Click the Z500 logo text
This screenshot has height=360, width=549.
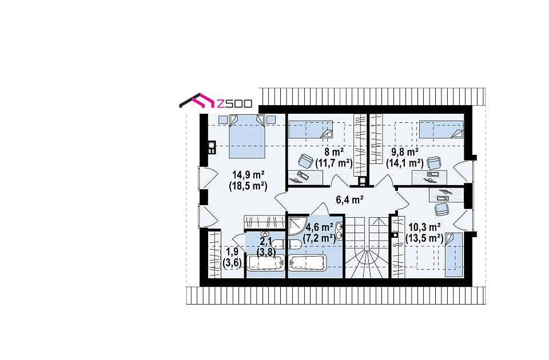(234, 103)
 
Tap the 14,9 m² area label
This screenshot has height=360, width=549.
(248, 175)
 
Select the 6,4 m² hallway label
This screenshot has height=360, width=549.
(349, 200)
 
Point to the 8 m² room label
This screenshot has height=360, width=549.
(334, 152)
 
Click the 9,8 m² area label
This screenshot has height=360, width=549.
(405, 152)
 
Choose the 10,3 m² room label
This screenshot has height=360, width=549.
(424, 227)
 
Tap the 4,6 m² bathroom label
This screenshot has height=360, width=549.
(319, 227)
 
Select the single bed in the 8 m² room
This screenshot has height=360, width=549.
(310, 130)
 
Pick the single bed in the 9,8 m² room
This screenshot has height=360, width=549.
(441, 130)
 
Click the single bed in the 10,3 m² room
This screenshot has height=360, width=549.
(453, 254)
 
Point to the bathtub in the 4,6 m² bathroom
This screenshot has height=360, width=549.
(307, 263)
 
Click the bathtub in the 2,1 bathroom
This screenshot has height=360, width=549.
(265, 263)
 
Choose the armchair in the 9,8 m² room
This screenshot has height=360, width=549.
(434, 163)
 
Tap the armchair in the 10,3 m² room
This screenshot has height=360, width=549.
(442, 209)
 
